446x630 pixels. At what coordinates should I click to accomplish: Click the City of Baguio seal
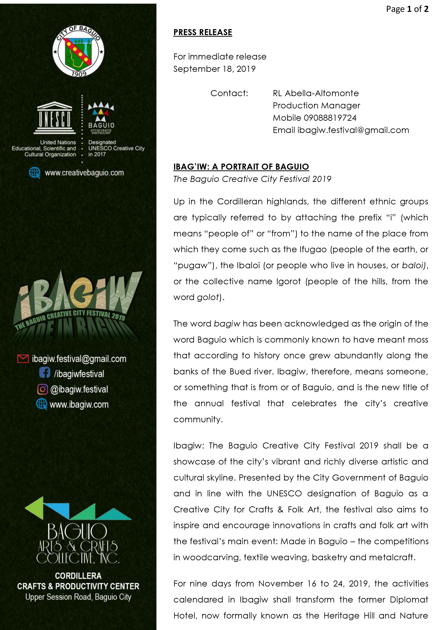[x=78, y=51]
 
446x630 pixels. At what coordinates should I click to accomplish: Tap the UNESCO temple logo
[x=54, y=118]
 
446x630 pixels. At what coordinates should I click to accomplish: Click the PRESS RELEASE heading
[x=203, y=32]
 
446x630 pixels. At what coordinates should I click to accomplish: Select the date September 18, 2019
[x=214, y=69]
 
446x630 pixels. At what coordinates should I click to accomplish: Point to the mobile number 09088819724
[x=330, y=118]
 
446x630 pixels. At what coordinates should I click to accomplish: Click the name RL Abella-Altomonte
[x=316, y=93]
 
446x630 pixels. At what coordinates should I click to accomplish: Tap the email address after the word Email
[x=353, y=130]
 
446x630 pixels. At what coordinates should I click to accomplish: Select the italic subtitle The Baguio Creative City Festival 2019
[x=252, y=179]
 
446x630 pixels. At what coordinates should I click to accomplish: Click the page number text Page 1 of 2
[x=407, y=9]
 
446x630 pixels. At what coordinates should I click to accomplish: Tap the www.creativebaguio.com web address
[x=84, y=173]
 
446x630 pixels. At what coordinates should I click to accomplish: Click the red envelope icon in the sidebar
[x=23, y=359]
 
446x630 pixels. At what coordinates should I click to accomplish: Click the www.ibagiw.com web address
[x=79, y=404]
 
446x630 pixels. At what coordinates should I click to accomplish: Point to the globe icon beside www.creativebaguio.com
[x=35, y=173]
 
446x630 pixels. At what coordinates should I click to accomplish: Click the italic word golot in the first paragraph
[x=208, y=297]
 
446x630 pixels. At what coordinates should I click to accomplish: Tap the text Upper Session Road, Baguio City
[x=78, y=597]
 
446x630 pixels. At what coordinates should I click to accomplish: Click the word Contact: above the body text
[x=229, y=93]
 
